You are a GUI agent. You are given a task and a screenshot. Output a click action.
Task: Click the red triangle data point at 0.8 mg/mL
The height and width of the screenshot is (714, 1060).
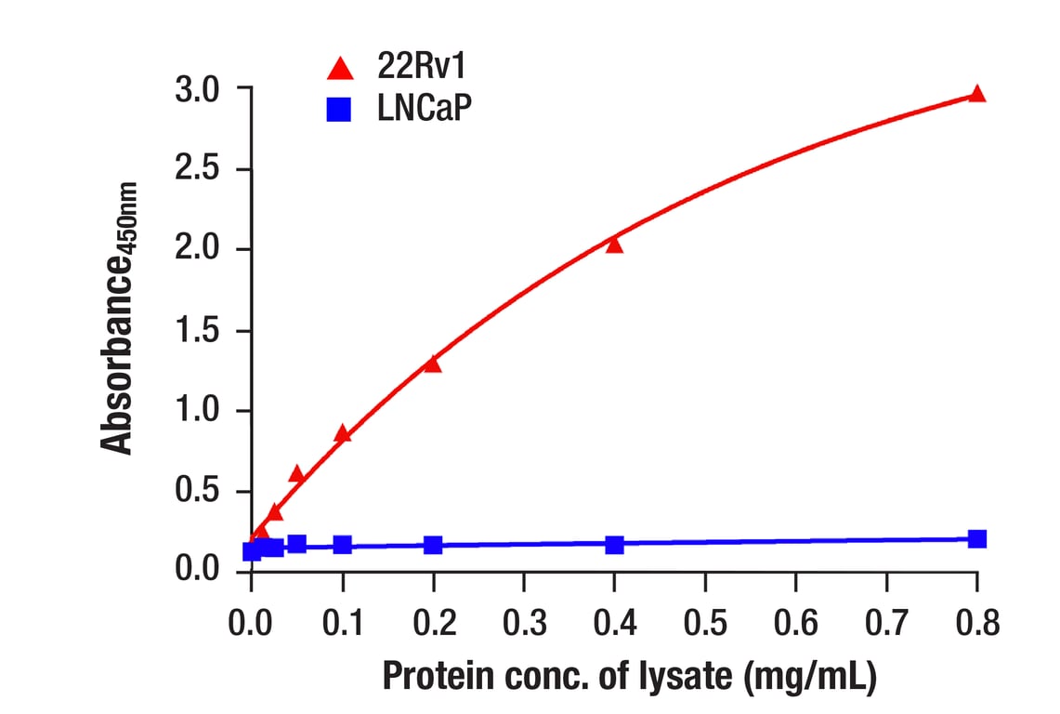[x=976, y=94]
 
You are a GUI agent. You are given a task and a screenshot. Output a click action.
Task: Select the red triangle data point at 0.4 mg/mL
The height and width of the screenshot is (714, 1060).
[x=614, y=245]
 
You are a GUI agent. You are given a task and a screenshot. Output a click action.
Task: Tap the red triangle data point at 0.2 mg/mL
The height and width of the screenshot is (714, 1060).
[x=432, y=364]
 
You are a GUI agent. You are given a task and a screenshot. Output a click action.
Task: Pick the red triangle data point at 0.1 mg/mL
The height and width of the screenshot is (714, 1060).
[x=342, y=433]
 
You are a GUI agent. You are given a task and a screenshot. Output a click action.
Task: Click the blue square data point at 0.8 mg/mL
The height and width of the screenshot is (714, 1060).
[x=976, y=539]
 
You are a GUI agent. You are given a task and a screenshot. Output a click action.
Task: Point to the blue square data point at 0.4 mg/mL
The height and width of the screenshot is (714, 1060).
[x=614, y=544]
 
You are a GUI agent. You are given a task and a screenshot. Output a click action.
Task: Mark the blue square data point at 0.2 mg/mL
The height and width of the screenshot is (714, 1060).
[x=432, y=544]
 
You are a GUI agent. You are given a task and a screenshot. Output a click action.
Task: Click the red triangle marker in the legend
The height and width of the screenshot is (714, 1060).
[x=340, y=68]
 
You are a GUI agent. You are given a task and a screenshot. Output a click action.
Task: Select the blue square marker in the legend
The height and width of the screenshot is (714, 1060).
[x=340, y=111]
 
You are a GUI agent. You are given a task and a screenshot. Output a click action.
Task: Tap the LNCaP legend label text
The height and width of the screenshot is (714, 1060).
[x=425, y=111]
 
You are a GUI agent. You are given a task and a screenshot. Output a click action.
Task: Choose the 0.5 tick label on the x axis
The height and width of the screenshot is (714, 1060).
[x=705, y=621]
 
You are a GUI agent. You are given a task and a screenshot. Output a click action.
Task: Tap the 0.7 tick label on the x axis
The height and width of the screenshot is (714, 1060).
[x=886, y=621]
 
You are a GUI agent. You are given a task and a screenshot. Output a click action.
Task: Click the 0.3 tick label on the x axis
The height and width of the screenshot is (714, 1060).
[x=524, y=621]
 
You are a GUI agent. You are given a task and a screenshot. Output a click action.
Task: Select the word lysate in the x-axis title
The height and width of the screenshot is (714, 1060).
[x=682, y=676]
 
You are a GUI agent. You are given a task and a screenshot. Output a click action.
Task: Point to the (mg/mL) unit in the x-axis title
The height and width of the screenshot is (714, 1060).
[x=810, y=676]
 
